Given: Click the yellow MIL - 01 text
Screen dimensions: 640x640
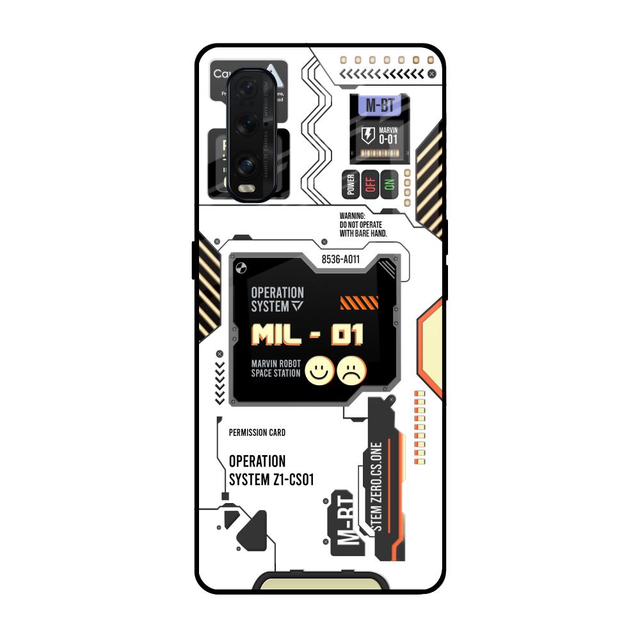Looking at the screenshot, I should [x=307, y=335].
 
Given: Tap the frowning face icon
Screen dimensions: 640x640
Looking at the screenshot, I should [x=351, y=370].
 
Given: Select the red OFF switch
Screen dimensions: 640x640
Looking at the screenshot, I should [x=370, y=184].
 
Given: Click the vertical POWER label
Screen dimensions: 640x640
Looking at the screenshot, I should [x=351, y=184].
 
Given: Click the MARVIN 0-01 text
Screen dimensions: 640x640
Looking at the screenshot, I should [x=387, y=135].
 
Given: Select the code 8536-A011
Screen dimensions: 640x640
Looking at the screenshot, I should [x=340, y=259].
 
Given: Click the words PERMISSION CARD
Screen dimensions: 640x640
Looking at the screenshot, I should [x=257, y=433].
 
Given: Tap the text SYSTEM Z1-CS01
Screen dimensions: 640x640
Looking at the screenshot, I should [x=271, y=480].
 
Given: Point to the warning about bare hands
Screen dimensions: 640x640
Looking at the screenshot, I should [x=363, y=225].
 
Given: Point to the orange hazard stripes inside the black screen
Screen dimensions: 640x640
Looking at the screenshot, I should [x=359, y=302].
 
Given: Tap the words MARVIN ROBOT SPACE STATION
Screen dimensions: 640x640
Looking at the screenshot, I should [x=276, y=369].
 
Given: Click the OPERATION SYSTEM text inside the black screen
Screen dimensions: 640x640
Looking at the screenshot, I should [x=277, y=300].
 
